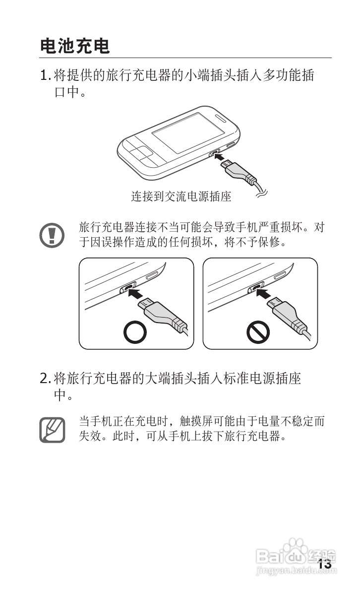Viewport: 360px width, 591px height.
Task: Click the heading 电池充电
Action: coord(74,46)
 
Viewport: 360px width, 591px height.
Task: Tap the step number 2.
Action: coord(44,378)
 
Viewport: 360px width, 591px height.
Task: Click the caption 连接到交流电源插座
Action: coord(181,197)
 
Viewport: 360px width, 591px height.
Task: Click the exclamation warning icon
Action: coord(52,236)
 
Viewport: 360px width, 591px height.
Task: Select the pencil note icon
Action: coord(53,430)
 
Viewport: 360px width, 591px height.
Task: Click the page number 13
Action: coord(324,564)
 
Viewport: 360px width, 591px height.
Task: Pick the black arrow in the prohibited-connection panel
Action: coord(264,293)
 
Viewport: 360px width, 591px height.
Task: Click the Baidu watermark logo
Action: coord(296,556)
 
